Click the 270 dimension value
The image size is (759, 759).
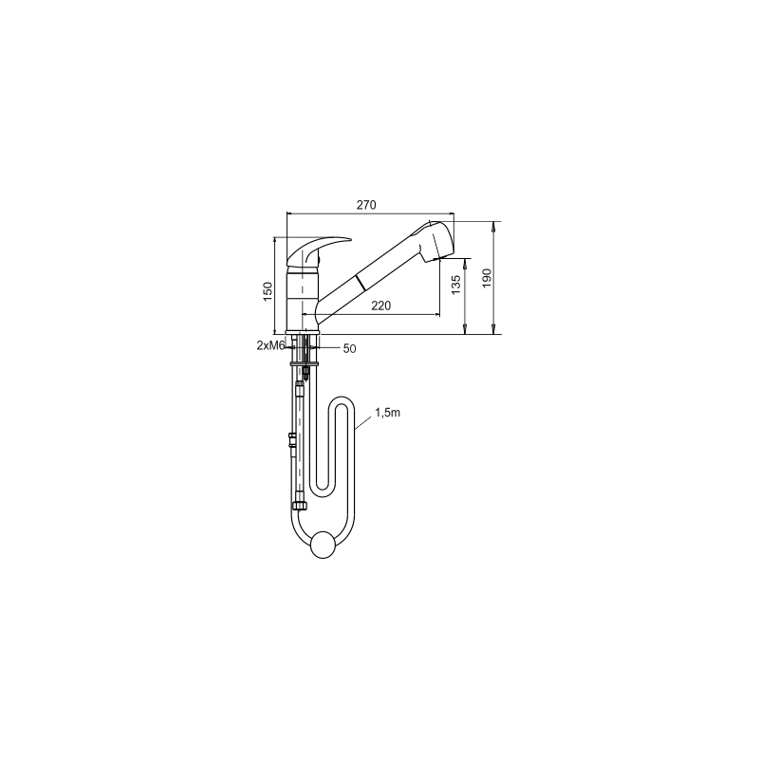pos(366,205)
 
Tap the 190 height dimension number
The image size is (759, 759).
pos(487,278)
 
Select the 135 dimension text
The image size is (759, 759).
pos(455,286)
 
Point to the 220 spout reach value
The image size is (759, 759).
pos(381,305)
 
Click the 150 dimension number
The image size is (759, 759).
pos(268,291)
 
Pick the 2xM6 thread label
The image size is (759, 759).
pos(270,345)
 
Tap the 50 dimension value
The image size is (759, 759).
pos(349,348)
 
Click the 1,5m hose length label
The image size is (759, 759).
pos(388,413)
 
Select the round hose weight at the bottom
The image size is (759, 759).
pos(323,545)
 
